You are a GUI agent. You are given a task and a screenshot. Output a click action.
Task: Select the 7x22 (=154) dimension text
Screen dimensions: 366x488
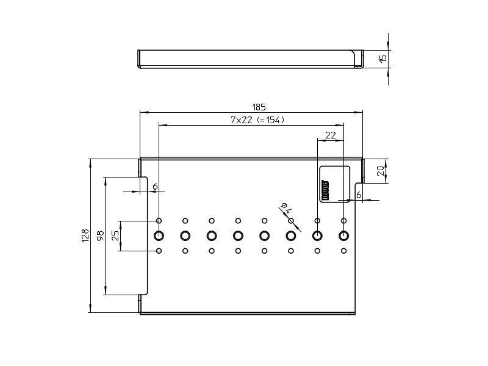[x=257, y=120]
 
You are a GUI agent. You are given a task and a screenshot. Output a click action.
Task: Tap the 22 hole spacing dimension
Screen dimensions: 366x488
[x=331, y=135]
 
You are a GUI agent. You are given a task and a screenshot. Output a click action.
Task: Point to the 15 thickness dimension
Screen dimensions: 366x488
[x=382, y=59]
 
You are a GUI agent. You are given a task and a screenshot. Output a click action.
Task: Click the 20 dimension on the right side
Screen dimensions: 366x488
[x=381, y=171]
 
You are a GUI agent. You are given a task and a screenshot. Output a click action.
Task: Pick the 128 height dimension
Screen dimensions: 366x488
[x=85, y=235]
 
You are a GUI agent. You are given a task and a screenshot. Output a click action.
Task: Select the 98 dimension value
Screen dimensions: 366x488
[x=99, y=235]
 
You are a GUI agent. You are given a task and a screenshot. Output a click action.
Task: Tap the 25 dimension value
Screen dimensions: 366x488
[x=115, y=235]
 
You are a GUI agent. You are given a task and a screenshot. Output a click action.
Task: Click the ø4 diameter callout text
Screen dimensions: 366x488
[x=285, y=209]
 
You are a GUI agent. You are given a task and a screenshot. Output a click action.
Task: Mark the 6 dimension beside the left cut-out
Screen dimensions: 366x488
[x=155, y=186]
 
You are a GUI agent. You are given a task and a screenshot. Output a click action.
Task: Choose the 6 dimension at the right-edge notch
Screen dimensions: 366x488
[x=359, y=195]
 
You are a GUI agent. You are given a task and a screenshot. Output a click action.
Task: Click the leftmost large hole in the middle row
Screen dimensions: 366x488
[x=159, y=235]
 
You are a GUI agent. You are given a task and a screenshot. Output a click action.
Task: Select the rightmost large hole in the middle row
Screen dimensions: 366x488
[x=343, y=235]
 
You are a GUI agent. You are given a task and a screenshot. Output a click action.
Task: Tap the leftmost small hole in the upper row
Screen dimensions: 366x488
[x=159, y=221]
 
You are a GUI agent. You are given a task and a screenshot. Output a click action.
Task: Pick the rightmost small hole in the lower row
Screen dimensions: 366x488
[x=343, y=251]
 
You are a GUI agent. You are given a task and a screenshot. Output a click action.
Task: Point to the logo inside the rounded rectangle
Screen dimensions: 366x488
[x=325, y=190]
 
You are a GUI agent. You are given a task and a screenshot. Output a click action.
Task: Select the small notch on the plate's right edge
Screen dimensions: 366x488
[x=360, y=184]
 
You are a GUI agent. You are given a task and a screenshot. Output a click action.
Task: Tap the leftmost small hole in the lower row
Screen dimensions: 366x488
[x=159, y=251]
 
